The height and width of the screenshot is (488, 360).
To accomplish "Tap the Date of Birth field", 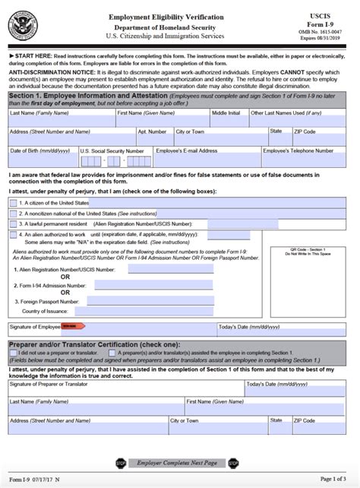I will [x=42, y=160].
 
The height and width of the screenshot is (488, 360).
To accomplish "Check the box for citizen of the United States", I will [x=13, y=203].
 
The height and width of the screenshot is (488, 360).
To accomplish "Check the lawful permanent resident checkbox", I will [x=13, y=224].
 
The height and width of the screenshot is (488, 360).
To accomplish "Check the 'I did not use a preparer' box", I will [x=13, y=353].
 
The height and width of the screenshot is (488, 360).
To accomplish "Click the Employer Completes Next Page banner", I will [x=177, y=463].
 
